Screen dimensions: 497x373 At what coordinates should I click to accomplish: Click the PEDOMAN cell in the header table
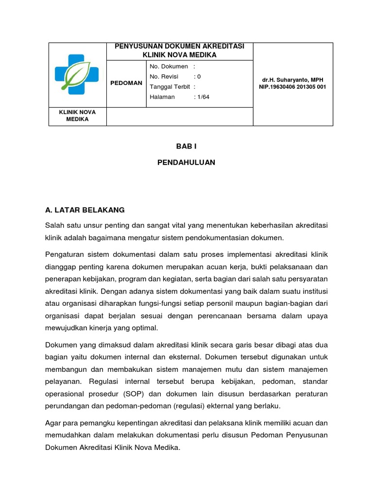tap(126, 83)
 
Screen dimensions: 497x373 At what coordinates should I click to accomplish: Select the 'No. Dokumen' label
tap(169, 66)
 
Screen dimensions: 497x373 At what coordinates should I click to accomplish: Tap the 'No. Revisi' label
tap(164, 76)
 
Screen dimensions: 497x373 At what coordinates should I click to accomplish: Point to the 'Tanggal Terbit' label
tap(170, 86)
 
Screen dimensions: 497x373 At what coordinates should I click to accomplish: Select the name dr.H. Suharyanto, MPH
tap(293, 80)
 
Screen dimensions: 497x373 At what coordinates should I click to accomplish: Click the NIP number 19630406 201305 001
tap(293, 87)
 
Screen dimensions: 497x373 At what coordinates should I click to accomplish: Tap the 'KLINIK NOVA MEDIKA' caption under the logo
tap(77, 116)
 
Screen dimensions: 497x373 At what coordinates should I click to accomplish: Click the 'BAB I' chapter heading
tap(186, 146)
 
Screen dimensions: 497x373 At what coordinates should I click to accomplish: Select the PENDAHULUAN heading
tap(186, 163)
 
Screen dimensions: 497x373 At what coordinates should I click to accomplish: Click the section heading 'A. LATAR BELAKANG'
tap(85, 210)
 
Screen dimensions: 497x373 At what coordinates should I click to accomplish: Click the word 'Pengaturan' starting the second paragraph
tap(63, 254)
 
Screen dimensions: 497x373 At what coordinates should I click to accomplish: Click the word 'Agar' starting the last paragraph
tap(53, 422)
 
